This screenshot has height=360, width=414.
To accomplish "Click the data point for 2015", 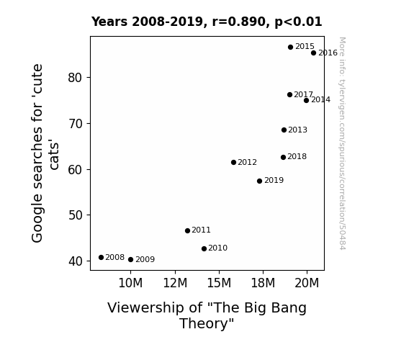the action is click(x=290, y=48).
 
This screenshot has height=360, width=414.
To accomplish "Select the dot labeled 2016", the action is click(x=313, y=53).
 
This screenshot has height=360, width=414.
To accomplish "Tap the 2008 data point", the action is click(x=101, y=258).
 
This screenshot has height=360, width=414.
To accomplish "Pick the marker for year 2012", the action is click(x=234, y=163).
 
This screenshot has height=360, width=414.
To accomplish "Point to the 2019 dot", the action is click(x=259, y=181).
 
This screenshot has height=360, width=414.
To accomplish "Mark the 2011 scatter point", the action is click(x=187, y=231).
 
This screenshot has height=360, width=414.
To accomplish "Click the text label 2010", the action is click(x=218, y=248).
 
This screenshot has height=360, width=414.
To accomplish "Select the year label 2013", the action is click(x=298, y=130).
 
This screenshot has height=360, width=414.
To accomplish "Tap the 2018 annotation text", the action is click(x=297, y=157).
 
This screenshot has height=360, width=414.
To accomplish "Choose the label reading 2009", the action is click(x=145, y=260).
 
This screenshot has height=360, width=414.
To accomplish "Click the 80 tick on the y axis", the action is click(x=76, y=78).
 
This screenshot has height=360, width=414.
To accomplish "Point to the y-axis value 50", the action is click(x=76, y=215).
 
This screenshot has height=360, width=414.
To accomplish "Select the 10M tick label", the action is click(x=130, y=283).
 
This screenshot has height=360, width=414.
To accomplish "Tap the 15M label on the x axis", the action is click(x=219, y=283).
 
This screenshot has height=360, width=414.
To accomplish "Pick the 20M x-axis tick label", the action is click(x=307, y=283).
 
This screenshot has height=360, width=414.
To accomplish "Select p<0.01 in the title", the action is click(x=298, y=22).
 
